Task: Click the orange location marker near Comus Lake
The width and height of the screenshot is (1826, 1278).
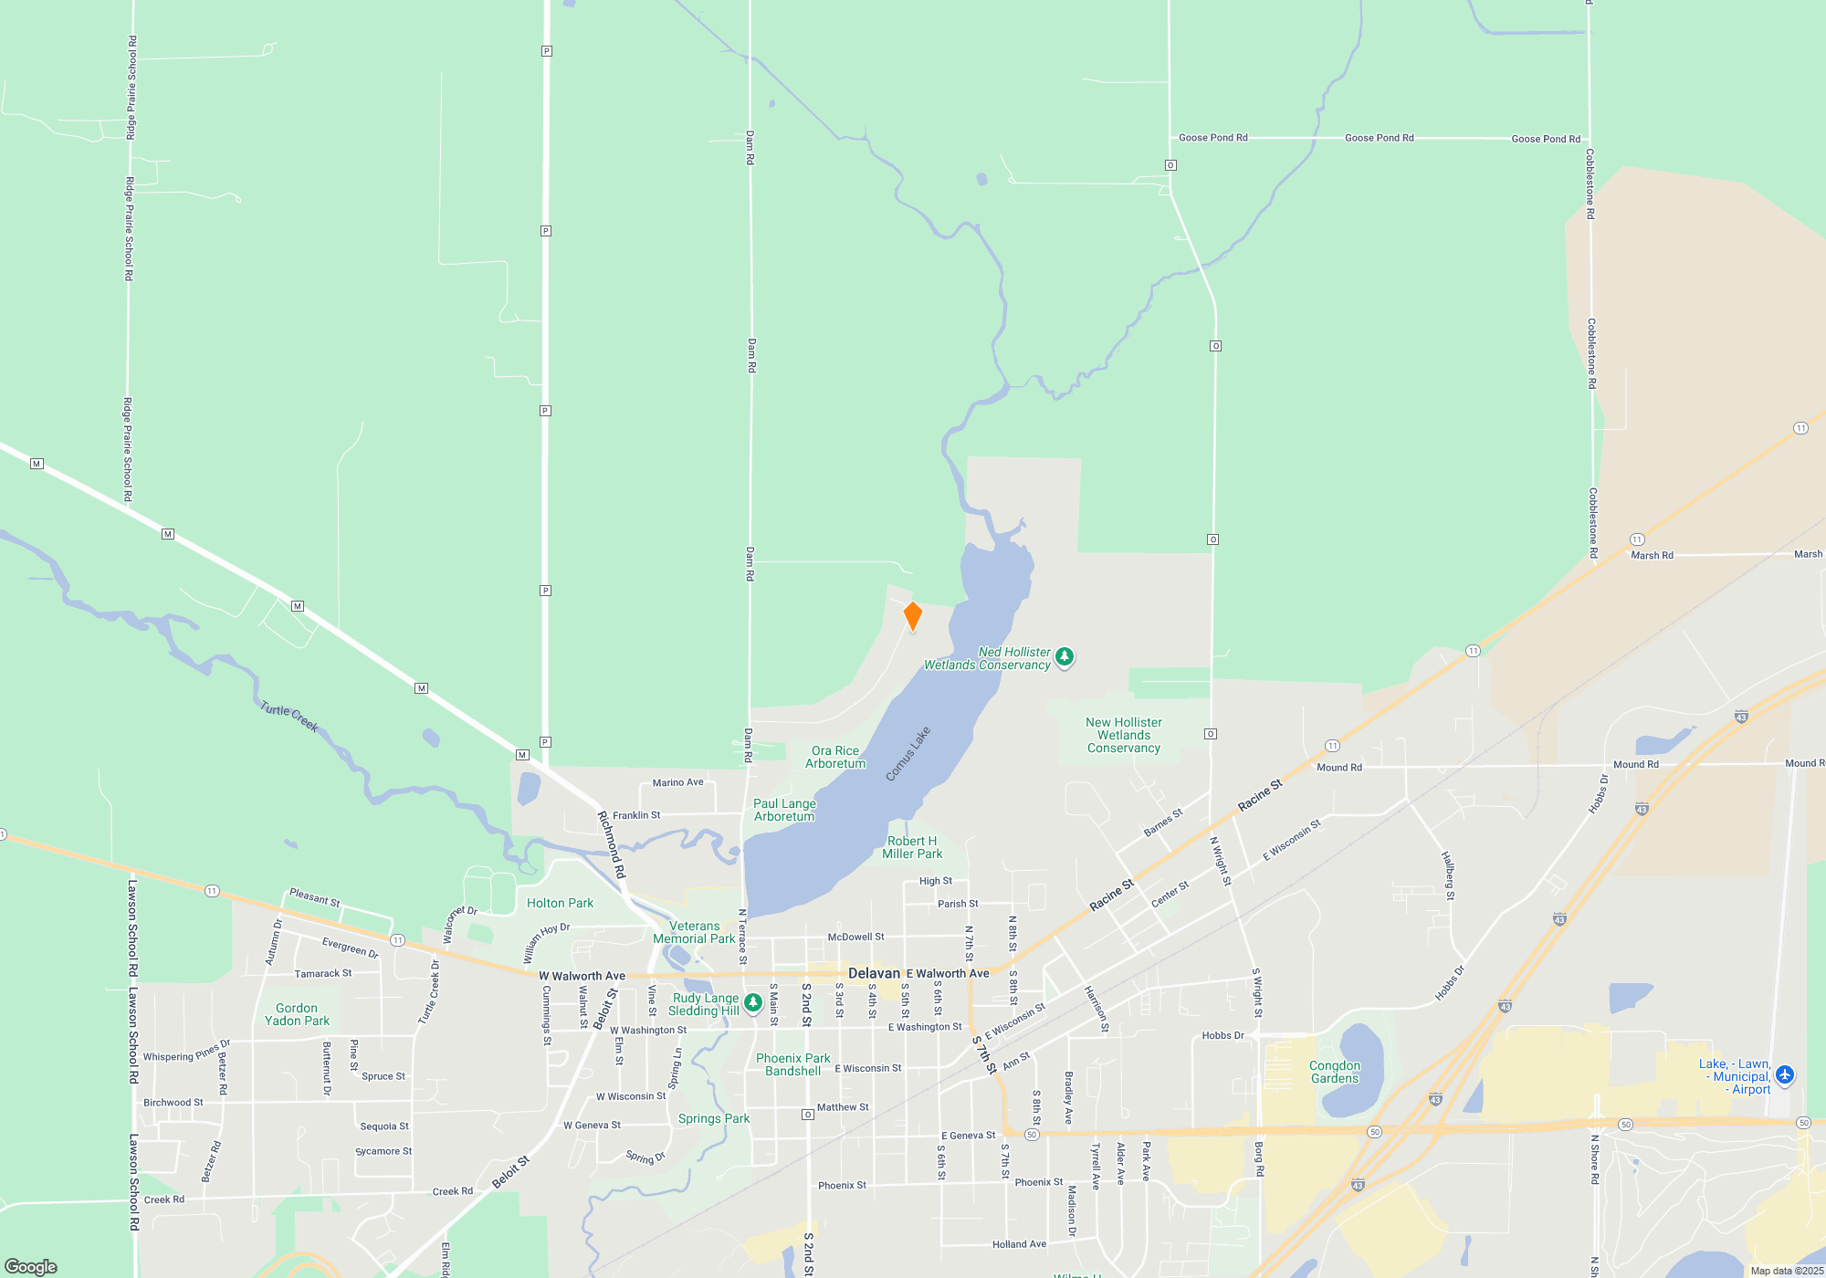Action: coord(912,616)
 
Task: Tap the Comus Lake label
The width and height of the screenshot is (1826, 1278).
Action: coord(908,754)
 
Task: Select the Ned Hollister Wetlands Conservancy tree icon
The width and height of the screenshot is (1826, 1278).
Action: coord(1065,657)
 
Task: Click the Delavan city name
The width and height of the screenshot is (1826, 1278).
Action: coord(874,973)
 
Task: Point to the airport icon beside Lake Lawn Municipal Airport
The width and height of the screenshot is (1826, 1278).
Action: coord(1785,1075)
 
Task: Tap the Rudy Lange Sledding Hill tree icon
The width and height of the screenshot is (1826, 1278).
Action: coord(753,1003)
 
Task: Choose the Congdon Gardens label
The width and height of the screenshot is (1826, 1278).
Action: coord(1334,1072)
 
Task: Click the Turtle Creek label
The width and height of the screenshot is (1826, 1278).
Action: coord(289,717)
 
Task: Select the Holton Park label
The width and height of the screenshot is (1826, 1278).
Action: coord(560,903)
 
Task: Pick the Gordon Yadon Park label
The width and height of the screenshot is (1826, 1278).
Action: coord(297,1014)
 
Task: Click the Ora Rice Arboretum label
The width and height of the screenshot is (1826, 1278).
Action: coord(834,757)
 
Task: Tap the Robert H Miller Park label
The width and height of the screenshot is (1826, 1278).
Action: coord(912,847)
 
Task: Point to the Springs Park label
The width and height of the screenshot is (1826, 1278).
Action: coord(713,1118)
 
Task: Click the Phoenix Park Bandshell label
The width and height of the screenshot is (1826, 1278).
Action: coord(792,1064)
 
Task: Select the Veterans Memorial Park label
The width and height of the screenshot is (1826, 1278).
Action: coord(694,932)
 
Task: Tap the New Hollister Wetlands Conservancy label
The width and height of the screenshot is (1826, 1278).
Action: coord(1123,735)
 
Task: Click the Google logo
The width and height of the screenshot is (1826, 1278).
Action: coord(31,1267)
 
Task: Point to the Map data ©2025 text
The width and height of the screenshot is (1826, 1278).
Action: coord(1787,1271)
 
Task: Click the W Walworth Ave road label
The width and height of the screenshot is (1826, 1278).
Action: coord(582,976)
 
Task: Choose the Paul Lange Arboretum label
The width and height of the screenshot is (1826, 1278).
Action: coord(784,810)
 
